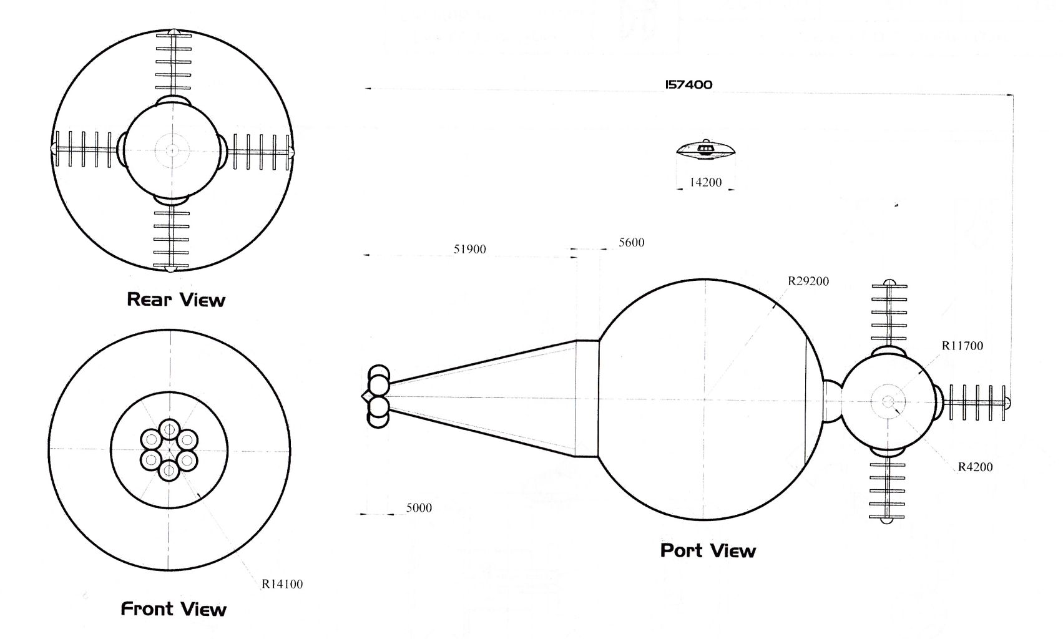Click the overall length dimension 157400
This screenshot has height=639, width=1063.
[x=688, y=85]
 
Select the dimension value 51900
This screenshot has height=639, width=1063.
[x=469, y=250]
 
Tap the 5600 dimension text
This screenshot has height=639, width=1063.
[x=631, y=243]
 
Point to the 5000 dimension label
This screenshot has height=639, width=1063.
[x=419, y=508]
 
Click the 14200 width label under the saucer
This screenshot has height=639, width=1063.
[x=705, y=183]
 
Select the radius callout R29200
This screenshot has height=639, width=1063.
[x=808, y=281]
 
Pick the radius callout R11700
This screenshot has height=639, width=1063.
[x=962, y=346]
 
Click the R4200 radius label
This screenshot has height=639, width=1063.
[x=975, y=467]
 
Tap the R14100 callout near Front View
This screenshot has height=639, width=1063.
[x=282, y=585]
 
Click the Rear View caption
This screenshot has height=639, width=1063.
[x=175, y=300]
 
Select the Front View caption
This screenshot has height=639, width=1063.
[x=173, y=609]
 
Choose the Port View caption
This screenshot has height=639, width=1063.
[x=708, y=551]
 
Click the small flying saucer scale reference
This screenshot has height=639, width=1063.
[x=706, y=150]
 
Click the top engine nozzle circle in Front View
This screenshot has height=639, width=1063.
[x=169, y=429]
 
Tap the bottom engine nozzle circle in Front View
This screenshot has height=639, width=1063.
[x=169, y=470]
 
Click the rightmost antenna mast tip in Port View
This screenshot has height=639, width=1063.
[x=1007, y=403]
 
